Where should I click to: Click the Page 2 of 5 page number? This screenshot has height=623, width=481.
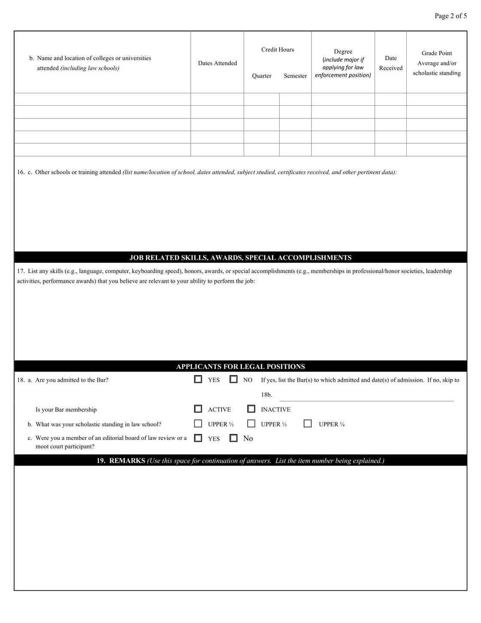[x=451, y=16]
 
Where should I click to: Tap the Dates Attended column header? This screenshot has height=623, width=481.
[x=217, y=63]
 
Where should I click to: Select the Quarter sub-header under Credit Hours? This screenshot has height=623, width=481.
[x=262, y=76]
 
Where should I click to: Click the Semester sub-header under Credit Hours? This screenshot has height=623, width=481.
[x=295, y=76]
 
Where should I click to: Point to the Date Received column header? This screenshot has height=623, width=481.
[x=390, y=63]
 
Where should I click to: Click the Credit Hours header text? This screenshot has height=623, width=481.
[x=277, y=50]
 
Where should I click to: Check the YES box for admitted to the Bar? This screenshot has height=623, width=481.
[x=198, y=379]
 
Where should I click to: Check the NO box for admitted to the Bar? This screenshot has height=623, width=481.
[x=234, y=379]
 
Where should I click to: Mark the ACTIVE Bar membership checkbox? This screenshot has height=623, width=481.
[x=198, y=409]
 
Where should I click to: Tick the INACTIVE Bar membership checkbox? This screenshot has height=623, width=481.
[x=251, y=409]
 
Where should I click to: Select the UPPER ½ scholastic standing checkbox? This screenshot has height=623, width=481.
[x=198, y=424]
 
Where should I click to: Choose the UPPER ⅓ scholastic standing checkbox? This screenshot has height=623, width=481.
[x=251, y=424]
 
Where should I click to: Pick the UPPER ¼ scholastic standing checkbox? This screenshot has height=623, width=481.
[x=307, y=424]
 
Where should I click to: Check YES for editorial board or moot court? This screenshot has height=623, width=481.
[x=198, y=438]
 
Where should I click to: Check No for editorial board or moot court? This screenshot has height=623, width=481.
[x=234, y=438]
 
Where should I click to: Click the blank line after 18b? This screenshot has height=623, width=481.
[x=366, y=397]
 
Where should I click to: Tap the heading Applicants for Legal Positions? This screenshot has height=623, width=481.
[x=240, y=367]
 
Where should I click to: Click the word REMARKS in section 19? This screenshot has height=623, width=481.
[x=127, y=460]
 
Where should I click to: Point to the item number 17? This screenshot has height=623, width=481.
[x=20, y=271]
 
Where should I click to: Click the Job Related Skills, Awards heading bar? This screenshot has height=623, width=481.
[x=240, y=258]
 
